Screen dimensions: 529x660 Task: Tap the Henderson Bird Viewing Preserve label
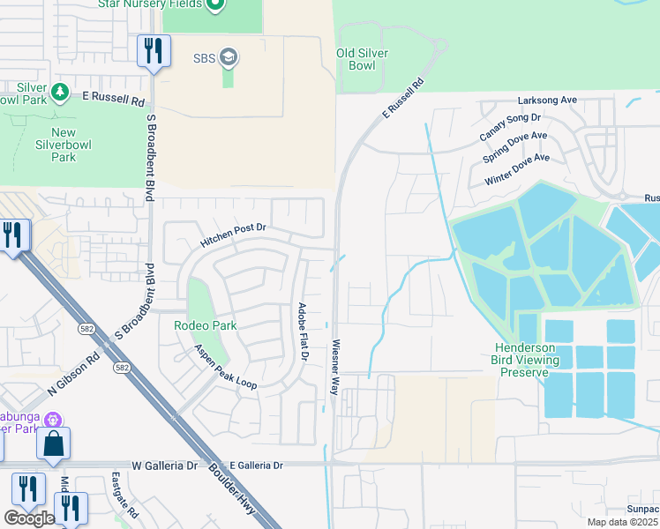(525, 360)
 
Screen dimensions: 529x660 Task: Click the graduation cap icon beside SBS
(229, 58)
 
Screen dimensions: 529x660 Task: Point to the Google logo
(29, 518)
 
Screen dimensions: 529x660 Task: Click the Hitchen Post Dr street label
(233, 234)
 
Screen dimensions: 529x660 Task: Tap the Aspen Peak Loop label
(226, 367)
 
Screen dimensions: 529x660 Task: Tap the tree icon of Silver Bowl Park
(60, 91)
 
